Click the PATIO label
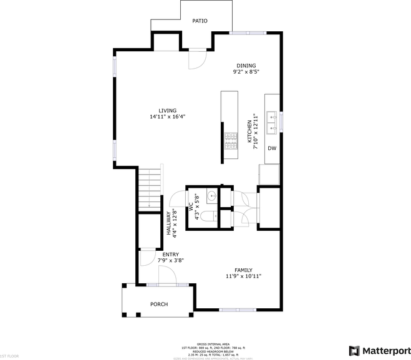pos(200,21)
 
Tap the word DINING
pos(246,66)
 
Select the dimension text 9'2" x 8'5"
pos(246,72)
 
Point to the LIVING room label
pos(167,110)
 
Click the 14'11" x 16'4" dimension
pos(167,117)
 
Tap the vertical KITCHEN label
pos(249,132)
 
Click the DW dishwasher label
pos(272,148)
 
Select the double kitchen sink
pos(273,122)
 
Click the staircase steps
pos(149,187)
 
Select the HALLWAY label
pos(168,222)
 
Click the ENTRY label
pos(171,255)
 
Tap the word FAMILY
pos(243,270)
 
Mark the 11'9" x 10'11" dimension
pos(243,276)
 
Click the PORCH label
pos(159,304)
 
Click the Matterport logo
pos(379,350)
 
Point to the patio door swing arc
pos(197,60)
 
